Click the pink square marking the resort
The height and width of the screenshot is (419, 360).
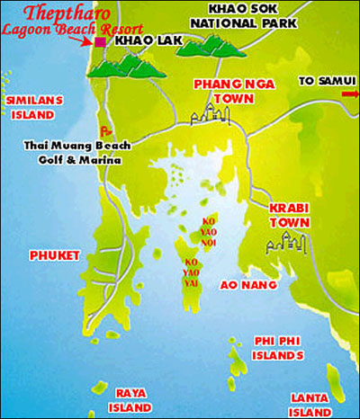tap(100, 41)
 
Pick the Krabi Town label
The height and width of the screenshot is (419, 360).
tap(288, 214)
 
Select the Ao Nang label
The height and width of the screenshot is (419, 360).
tap(241, 284)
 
